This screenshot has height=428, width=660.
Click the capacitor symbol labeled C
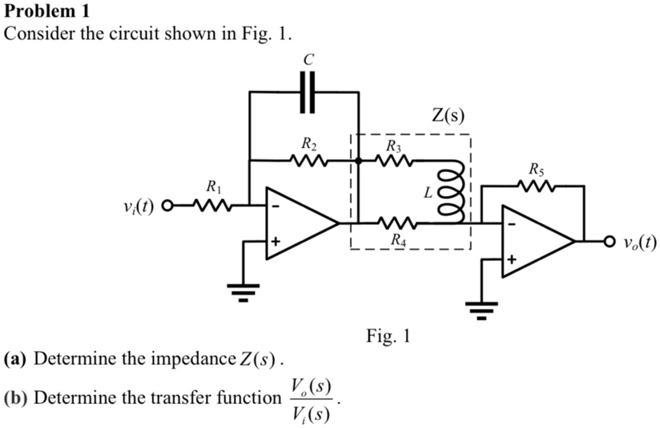(x=307, y=92)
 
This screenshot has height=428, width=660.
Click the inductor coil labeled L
(x=451, y=193)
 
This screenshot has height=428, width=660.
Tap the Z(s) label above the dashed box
(x=448, y=115)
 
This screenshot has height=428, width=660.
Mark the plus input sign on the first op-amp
(x=276, y=240)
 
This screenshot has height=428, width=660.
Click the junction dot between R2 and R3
(x=358, y=161)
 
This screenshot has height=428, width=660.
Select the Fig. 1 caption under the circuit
(x=388, y=335)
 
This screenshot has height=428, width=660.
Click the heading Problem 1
(x=47, y=11)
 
